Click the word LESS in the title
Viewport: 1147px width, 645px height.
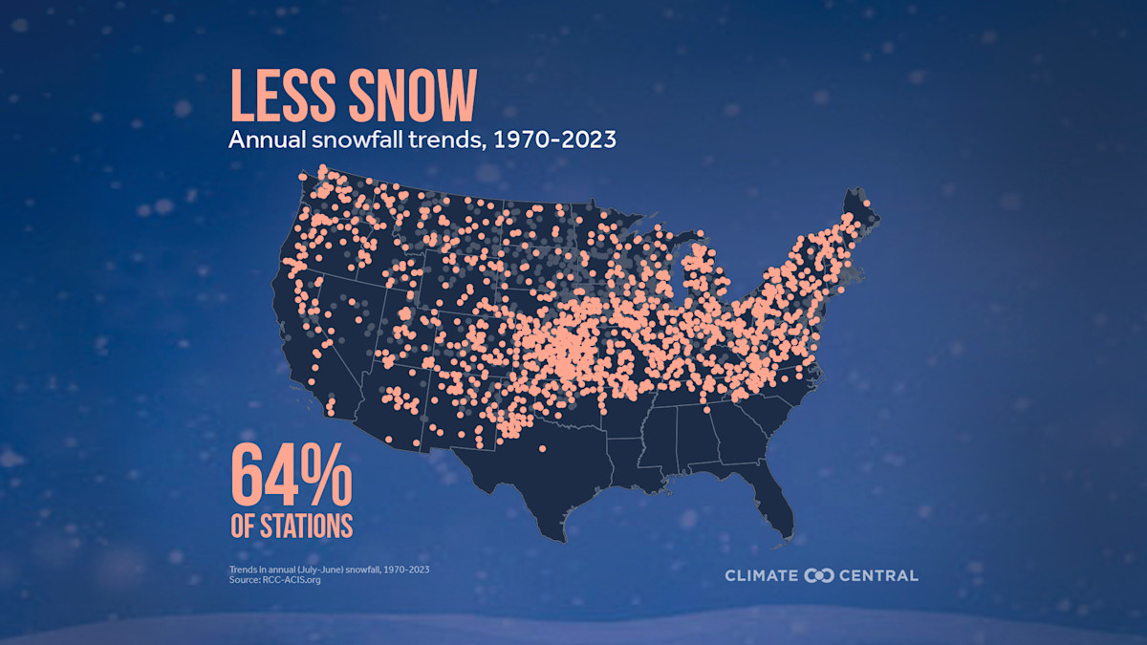pos(277,97)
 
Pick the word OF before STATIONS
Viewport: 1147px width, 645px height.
pos(245,526)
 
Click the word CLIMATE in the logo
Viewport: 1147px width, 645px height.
pos(762,575)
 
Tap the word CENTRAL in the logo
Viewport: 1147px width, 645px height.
pos(878,575)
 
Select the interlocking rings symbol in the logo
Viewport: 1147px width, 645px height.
pos(820,575)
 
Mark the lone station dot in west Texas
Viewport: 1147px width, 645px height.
pos(542,448)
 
